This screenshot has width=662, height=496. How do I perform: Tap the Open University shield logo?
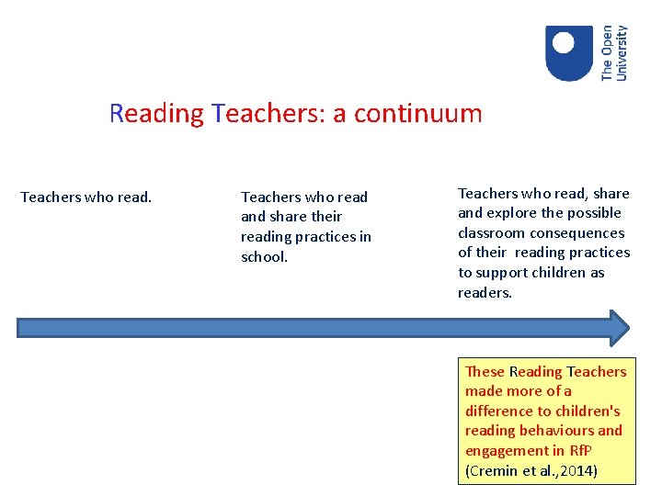568,52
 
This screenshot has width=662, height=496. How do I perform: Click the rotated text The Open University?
614,52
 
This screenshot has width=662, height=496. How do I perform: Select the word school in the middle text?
263,257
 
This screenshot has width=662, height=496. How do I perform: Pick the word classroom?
490,233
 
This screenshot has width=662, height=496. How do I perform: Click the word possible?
596,213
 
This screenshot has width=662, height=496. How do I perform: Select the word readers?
485,293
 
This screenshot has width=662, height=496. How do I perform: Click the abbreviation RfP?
580,451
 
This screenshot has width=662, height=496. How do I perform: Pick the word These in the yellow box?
485,371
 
